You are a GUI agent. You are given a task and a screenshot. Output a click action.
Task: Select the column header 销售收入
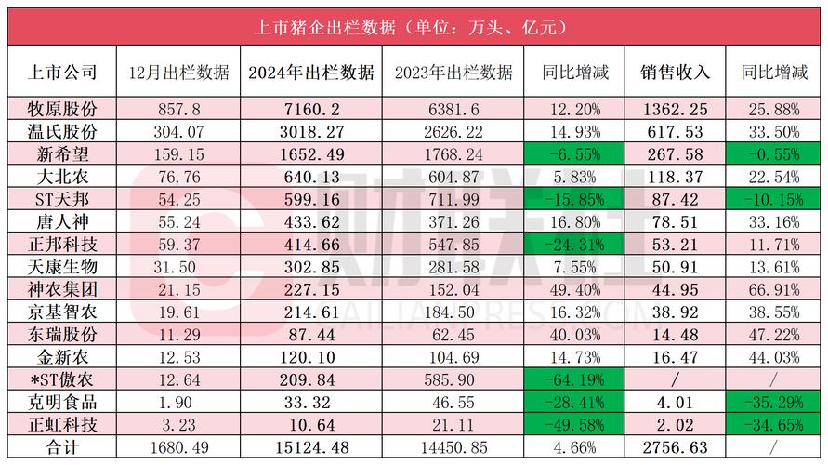(676, 72)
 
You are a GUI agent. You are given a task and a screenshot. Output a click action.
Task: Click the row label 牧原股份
(59, 108)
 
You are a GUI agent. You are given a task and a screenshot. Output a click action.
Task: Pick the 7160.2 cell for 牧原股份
(311, 108)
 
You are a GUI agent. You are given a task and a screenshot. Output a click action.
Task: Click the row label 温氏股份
(59, 131)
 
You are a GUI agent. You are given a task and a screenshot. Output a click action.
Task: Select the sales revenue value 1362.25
(676, 108)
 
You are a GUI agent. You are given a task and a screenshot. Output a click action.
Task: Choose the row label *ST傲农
(59, 380)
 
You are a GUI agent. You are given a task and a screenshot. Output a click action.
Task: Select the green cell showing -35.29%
(774, 403)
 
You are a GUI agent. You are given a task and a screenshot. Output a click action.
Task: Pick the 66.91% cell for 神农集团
(774, 289)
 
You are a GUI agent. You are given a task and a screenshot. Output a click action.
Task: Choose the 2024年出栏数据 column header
(311, 72)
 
